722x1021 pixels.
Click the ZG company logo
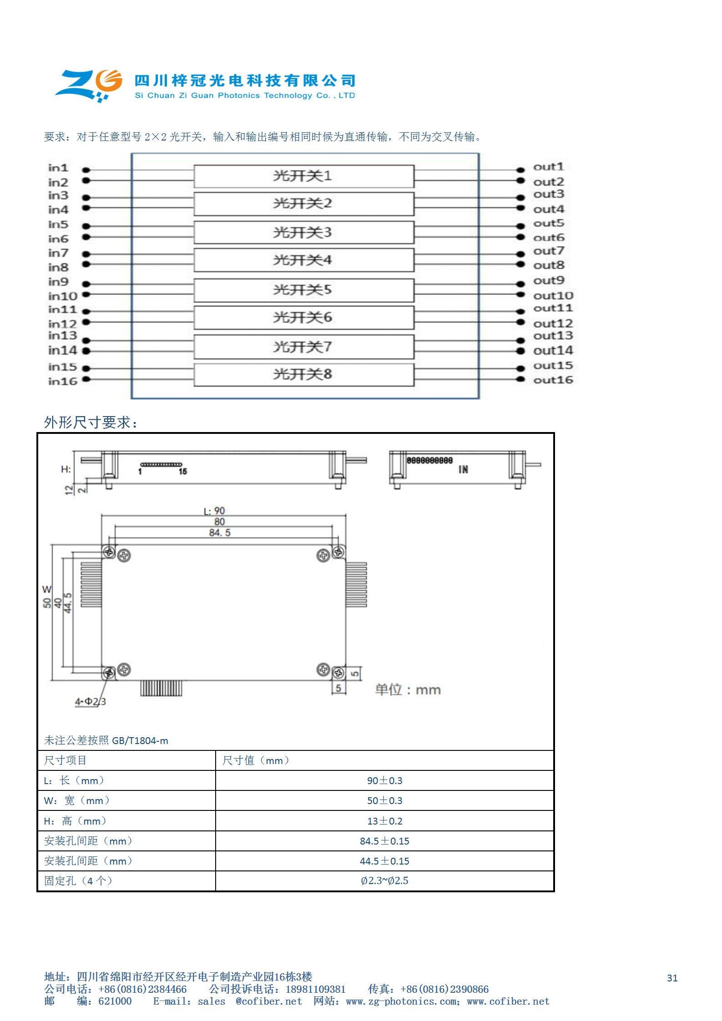(89, 85)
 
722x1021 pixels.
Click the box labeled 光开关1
(303, 176)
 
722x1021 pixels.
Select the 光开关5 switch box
(303, 290)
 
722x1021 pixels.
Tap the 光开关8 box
(303, 374)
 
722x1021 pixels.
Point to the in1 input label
(58, 168)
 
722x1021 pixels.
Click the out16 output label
(553, 380)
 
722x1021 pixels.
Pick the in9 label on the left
(58, 282)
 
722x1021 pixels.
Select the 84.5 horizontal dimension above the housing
(220, 533)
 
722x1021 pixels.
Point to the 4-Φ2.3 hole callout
(90, 702)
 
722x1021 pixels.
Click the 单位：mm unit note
(408, 690)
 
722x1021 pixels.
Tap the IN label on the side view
(463, 470)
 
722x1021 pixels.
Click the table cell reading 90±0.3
(384, 780)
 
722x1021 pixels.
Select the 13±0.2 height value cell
(384, 821)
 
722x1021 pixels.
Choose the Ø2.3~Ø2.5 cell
(384, 880)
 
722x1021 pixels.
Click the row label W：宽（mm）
(77, 800)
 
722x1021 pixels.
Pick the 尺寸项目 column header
(65, 760)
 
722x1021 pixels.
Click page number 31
(672, 978)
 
